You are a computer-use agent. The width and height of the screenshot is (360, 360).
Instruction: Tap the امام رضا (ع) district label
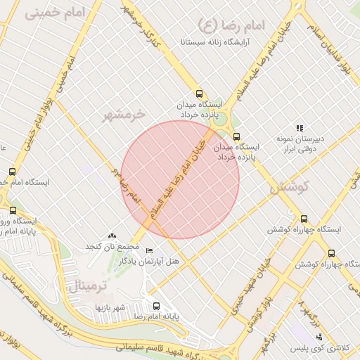(x=232, y=26)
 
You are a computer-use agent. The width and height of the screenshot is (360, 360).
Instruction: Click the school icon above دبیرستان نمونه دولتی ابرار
(x=299, y=128)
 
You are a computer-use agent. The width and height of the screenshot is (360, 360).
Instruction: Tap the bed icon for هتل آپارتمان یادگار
(x=148, y=251)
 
